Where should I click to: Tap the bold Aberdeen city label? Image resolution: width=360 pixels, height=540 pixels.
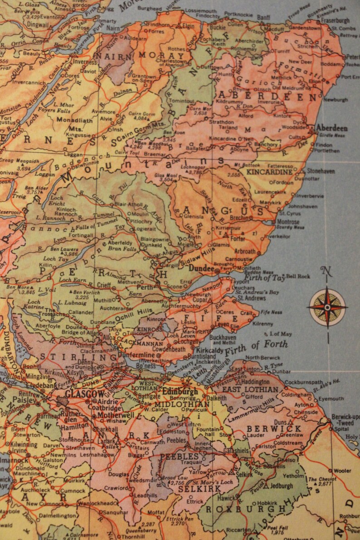click(332, 128)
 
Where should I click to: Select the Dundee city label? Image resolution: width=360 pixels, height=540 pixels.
click(201, 268)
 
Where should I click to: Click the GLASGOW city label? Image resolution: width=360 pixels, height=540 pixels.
click(85, 394)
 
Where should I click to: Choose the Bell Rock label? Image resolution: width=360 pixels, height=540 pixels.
click(298, 276)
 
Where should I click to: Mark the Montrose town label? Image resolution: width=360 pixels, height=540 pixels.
click(288, 222)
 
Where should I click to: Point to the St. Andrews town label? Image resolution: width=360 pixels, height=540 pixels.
click(252, 298)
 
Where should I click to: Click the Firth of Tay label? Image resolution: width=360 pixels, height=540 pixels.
click(265, 278)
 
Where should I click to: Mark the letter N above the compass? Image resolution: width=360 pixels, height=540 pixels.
click(326, 272)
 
